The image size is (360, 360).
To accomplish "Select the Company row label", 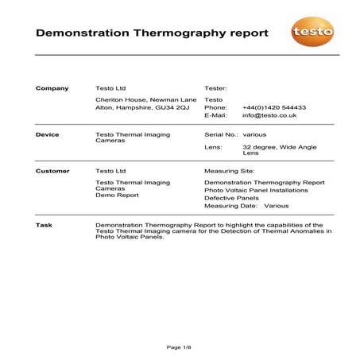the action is [52, 88].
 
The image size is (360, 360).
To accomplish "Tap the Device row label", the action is [48, 134].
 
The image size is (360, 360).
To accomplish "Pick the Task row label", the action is [44, 225].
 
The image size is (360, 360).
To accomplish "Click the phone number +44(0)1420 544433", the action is [274, 106].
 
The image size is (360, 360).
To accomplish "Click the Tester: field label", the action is [216, 88].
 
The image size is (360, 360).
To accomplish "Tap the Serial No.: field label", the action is [222, 134].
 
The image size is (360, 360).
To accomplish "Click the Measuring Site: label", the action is [230, 171].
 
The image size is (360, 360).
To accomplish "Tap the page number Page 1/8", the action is [180, 348].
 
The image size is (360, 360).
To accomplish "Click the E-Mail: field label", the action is [217, 115].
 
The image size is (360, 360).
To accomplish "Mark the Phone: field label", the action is [215, 106].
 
